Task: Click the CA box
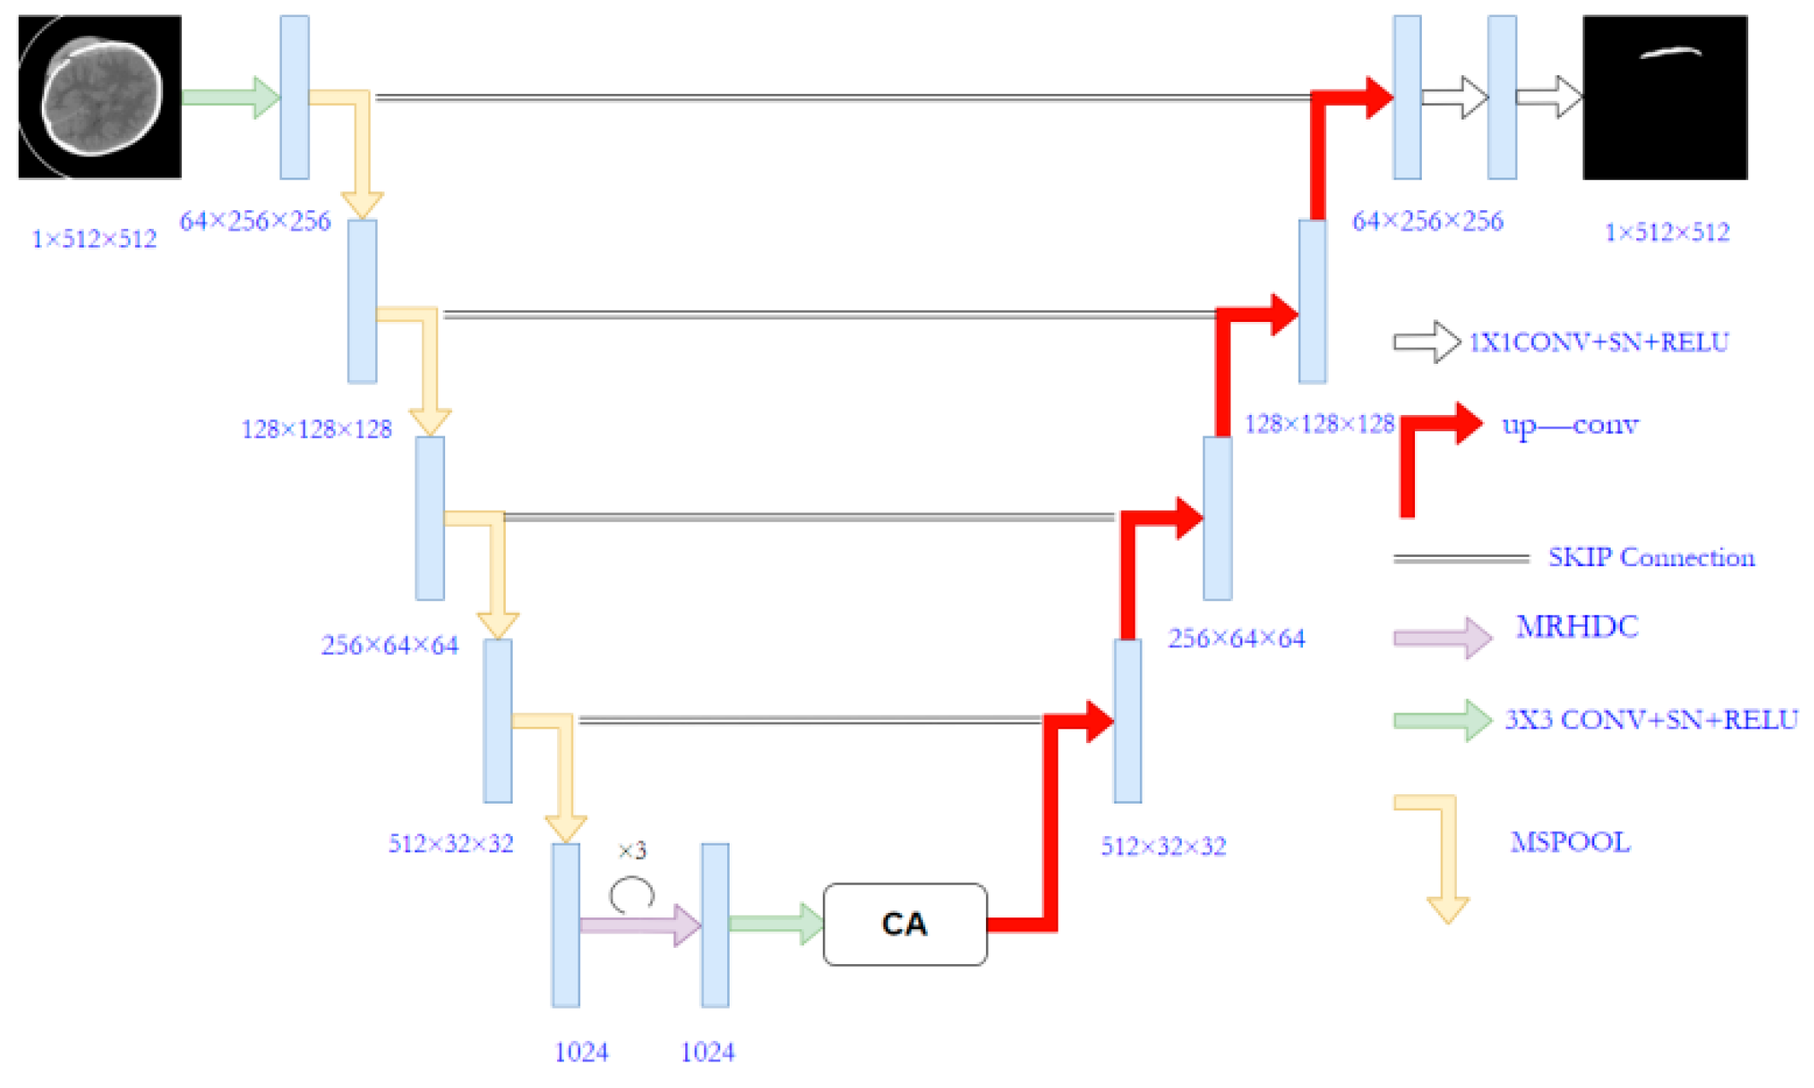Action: tap(904, 924)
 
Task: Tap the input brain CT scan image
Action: tap(100, 97)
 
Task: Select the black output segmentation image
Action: tap(1664, 97)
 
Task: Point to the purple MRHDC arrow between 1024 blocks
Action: tap(639, 925)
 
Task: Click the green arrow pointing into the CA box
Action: tap(775, 923)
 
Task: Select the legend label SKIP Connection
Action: tap(1651, 558)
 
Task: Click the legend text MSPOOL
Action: tap(1570, 842)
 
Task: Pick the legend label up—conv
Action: tap(1570, 424)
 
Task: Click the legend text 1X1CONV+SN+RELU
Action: tap(1598, 342)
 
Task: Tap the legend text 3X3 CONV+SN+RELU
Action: tap(1650, 720)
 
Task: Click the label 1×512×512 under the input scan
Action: tap(94, 238)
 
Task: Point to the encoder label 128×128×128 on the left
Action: tap(316, 429)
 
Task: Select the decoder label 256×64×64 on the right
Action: tap(1236, 639)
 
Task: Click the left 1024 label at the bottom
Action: tap(581, 1052)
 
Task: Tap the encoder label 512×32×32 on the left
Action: tap(450, 844)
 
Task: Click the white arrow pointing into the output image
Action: tap(1548, 97)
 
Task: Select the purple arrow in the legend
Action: tap(1442, 638)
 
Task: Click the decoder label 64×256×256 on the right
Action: tap(1427, 221)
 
